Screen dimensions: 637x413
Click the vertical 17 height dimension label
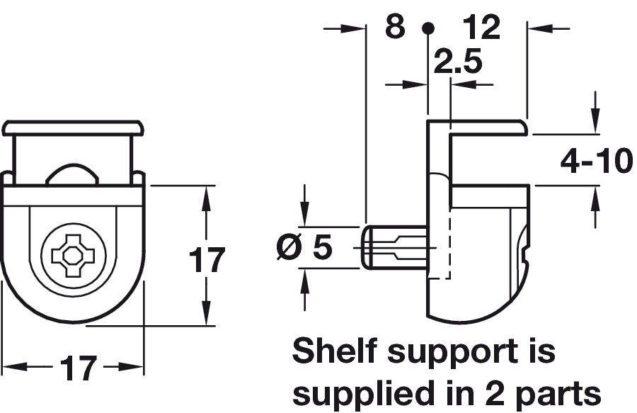point(207,260)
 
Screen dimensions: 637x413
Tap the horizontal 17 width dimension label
point(79,368)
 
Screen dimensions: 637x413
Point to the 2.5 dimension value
point(458,62)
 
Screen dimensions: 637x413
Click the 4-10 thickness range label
point(597,161)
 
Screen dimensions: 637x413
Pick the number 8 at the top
point(395,27)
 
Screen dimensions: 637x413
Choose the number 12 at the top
point(481,27)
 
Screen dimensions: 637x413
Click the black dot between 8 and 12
point(427,28)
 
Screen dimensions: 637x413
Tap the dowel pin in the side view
point(394,247)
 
